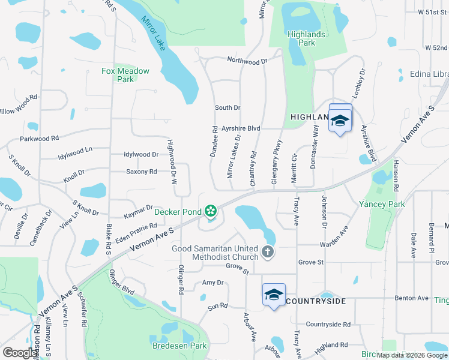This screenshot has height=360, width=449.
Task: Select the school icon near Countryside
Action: point(274,295)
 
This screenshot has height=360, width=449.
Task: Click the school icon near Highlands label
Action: point(340,121)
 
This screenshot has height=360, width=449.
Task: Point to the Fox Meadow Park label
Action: point(125,75)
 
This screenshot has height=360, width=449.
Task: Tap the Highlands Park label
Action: point(306,38)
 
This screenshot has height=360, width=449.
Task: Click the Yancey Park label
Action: point(382,204)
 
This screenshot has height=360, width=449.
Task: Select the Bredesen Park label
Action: point(180,346)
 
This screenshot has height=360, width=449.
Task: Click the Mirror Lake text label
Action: point(153,32)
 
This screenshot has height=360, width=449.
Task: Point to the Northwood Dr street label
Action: point(247,61)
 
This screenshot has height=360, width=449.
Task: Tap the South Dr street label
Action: point(228,108)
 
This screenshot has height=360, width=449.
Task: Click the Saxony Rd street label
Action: point(141,172)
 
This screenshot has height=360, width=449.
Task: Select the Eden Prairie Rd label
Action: point(136,231)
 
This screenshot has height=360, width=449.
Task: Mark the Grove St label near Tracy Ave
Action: point(311,262)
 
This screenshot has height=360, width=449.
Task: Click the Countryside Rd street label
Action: point(328,325)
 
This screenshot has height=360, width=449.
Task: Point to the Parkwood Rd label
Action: point(39,138)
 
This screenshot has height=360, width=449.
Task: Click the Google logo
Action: point(20,353)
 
